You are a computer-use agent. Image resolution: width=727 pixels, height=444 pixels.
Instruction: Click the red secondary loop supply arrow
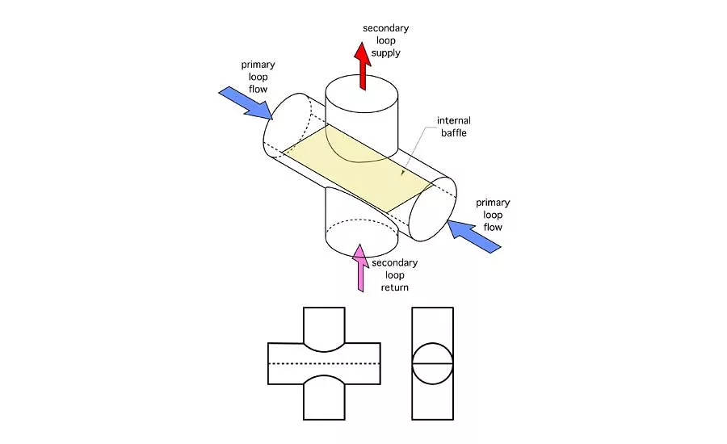(x=362, y=68)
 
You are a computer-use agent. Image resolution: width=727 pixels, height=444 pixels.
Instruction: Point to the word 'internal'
(x=453, y=121)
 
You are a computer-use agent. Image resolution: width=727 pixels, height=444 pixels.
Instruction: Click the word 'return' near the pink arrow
(x=395, y=287)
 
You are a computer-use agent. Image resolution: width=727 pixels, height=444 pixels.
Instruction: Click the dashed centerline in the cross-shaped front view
(x=323, y=363)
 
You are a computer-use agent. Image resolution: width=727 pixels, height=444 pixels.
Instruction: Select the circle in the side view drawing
(x=431, y=364)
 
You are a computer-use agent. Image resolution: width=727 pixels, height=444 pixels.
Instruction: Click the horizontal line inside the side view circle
(x=431, y=364)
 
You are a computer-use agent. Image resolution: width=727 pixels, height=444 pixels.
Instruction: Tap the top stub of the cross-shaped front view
(x=324, y=323)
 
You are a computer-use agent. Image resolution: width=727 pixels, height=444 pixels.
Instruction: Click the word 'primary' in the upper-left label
(x=258, y=63)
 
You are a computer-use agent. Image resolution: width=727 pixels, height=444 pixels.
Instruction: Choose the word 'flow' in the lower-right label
(x=493, y=227)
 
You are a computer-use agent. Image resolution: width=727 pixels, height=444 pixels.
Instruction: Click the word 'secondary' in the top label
(x=386, y=28)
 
